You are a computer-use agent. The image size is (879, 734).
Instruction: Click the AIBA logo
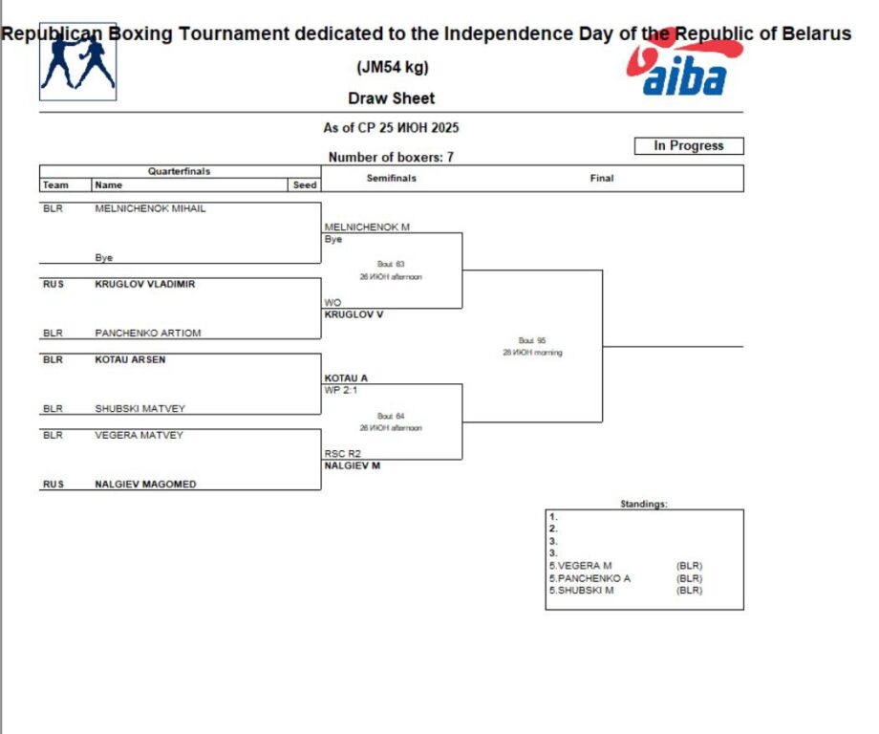684,67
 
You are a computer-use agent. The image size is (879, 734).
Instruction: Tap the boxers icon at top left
77,62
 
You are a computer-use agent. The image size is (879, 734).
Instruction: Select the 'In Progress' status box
688,146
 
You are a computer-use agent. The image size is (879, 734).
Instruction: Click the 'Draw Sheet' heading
391,98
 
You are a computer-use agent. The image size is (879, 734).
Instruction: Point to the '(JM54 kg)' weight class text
392,68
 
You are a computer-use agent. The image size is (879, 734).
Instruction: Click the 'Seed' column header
305,185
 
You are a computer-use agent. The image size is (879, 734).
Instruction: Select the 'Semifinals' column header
392,179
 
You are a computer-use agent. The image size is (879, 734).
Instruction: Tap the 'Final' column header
602,179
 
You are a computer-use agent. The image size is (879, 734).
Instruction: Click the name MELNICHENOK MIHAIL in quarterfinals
150,208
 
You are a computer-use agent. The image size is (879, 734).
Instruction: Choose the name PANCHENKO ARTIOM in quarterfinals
148,334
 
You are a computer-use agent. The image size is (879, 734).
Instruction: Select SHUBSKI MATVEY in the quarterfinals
140,409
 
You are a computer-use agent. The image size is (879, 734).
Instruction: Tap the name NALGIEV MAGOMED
145,485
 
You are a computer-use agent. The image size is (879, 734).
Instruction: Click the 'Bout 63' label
392,264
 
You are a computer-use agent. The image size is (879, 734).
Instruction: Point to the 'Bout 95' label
532,340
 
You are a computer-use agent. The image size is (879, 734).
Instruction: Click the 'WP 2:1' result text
339,390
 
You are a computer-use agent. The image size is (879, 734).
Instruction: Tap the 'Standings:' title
644,504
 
